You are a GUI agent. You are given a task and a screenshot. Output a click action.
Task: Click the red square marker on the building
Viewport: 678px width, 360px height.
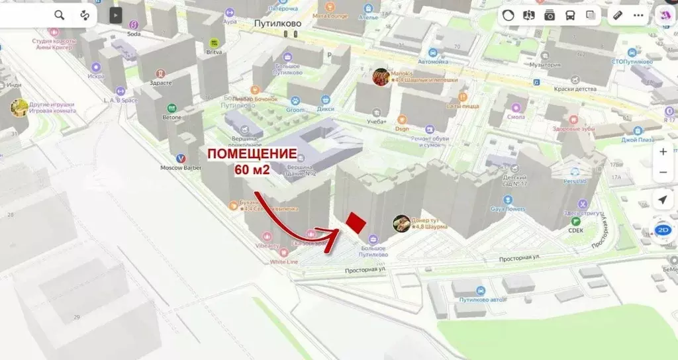(x=356, y=222)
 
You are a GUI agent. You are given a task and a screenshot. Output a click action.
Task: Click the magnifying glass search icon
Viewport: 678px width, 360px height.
(x=60, y=15)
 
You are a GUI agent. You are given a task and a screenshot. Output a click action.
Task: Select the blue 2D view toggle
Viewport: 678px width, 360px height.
(x=663, y=230)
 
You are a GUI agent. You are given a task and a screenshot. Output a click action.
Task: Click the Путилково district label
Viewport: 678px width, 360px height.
(x=278, y=22)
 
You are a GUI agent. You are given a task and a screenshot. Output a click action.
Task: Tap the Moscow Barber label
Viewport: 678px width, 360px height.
(x=181, y=167)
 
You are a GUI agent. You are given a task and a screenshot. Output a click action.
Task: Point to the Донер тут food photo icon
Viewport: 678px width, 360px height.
(x=401, y=224)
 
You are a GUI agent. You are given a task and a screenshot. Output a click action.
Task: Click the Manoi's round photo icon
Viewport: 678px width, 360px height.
(x=380, y=77)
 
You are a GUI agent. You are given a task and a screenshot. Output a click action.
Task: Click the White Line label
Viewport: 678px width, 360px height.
(x=283, y=261)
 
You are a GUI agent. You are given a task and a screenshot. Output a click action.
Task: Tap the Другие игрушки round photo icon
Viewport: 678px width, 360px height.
(x=19, y=107)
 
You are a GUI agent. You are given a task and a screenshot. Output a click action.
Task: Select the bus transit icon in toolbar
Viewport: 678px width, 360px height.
(x=570, y=15)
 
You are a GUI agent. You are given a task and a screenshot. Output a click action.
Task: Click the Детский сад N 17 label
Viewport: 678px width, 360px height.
(x=514, y=181)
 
